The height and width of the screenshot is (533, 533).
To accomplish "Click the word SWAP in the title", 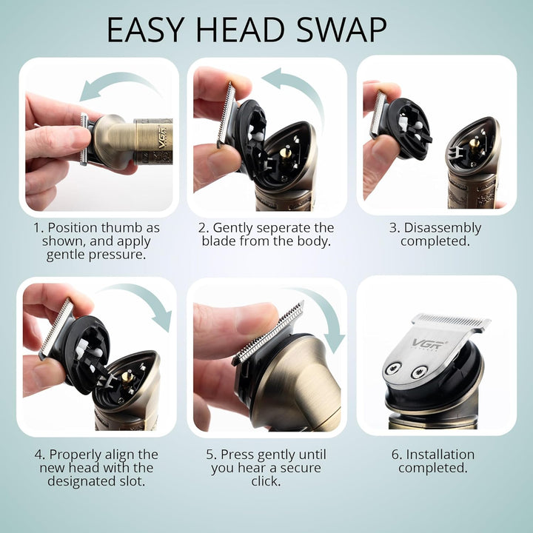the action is click(341, 29).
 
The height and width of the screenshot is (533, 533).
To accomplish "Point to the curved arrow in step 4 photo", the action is click(143, 295).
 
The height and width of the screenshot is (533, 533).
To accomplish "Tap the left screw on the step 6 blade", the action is click(393, 368).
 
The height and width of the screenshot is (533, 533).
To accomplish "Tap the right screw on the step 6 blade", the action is click(419, 372).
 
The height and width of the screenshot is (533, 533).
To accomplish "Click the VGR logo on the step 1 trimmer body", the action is click(162, 138).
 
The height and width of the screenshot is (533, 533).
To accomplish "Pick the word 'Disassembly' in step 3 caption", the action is click(442, 228).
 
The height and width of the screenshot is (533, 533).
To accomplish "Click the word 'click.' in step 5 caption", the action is click(266, 481).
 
